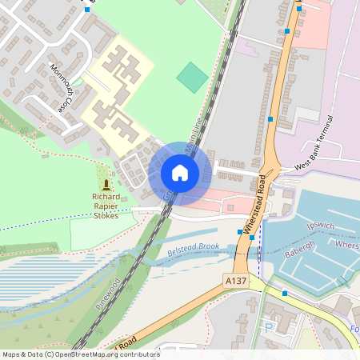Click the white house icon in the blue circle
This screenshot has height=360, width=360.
[x=180, y=173]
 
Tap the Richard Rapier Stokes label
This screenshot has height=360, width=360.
[x=106, y=206]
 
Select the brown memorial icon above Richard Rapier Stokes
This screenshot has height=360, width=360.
[x=106, y=184]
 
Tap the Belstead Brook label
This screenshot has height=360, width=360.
[x=193, y=250]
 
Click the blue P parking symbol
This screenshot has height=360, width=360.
[x=268, y=327]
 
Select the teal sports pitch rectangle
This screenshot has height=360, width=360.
[x=192, y=77]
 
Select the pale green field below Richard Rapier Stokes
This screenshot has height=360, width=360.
[x=92, y=231]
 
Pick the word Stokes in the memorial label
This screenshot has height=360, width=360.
[x=106, y=215]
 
